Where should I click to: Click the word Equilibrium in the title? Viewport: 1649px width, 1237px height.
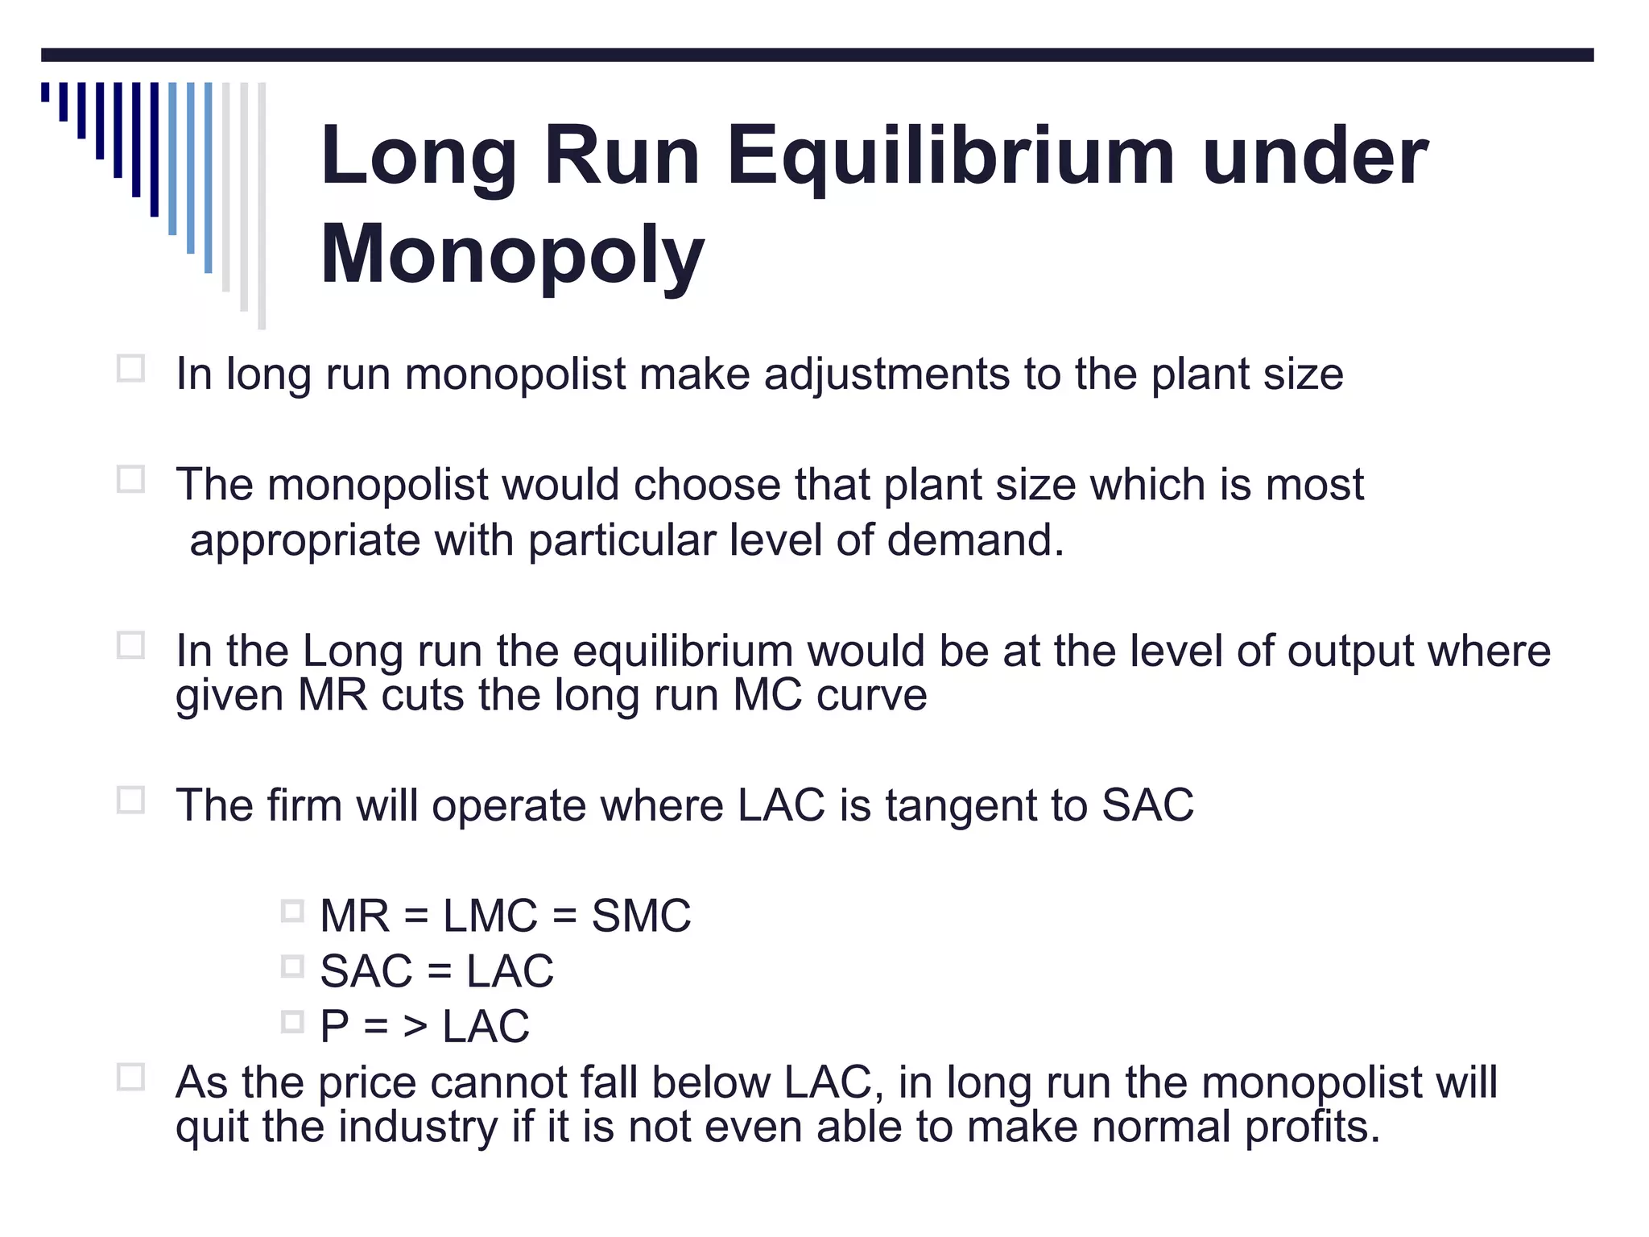[951, 158]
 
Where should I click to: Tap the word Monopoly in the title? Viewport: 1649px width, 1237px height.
[512, 255]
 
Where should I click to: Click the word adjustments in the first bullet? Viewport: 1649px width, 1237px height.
[886, 374]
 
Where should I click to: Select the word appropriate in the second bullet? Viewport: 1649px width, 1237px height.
[304, 540]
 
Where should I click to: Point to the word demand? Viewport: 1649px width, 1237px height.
[975, 540]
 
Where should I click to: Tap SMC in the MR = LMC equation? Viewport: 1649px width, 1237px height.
[641, 916]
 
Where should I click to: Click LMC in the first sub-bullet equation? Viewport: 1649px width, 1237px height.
[490, 916]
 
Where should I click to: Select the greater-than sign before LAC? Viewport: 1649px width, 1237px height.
[415, 1027]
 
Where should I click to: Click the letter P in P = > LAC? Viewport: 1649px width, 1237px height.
[334, 1027]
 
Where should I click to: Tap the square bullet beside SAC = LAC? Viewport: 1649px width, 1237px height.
[292, 966]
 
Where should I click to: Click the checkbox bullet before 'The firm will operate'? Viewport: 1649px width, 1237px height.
[130, 801]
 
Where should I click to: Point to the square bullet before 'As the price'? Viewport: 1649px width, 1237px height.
[130, 1078]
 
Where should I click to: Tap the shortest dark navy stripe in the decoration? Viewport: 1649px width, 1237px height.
[46, 92]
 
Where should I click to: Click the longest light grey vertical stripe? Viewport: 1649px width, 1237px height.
[262, 205]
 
